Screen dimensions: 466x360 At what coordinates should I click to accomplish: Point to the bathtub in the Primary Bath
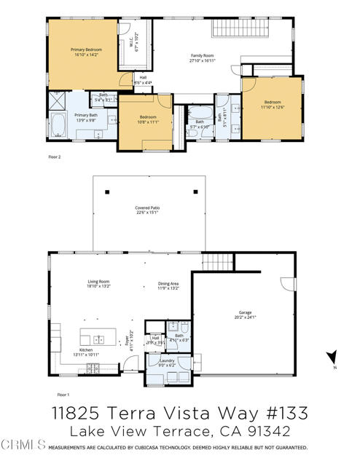[58, 126]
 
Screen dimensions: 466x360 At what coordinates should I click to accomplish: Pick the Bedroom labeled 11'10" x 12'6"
[271, 105]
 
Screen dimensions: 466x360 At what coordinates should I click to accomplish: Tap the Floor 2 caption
[55, 157]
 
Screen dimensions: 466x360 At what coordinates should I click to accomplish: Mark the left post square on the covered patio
[107, 191]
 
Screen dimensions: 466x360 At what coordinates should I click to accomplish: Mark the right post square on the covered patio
[196, 191]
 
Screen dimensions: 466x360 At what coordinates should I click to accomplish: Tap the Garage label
[244, 315]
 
